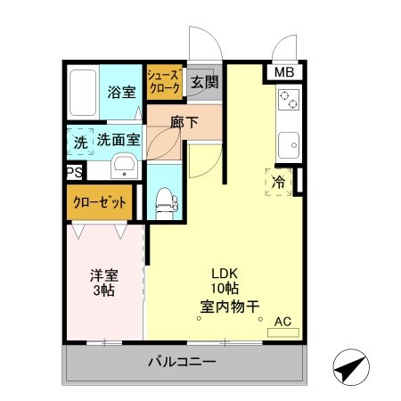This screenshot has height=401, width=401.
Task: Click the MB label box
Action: [x=284, y=73]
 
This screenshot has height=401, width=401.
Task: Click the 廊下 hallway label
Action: [x=184, y=121]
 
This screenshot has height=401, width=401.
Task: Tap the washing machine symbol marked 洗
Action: [x=80, y=140]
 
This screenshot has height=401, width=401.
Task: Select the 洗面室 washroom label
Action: [x=118, y=140]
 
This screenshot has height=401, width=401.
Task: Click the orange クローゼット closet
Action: [x=100, y=203]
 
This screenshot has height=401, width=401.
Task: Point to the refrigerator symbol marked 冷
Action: [x=279, y=182]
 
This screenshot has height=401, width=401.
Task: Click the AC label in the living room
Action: [x=283, y=322]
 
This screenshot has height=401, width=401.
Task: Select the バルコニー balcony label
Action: [x=181, y=363]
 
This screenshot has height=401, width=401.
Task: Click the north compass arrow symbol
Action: [x=351, y=367]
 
